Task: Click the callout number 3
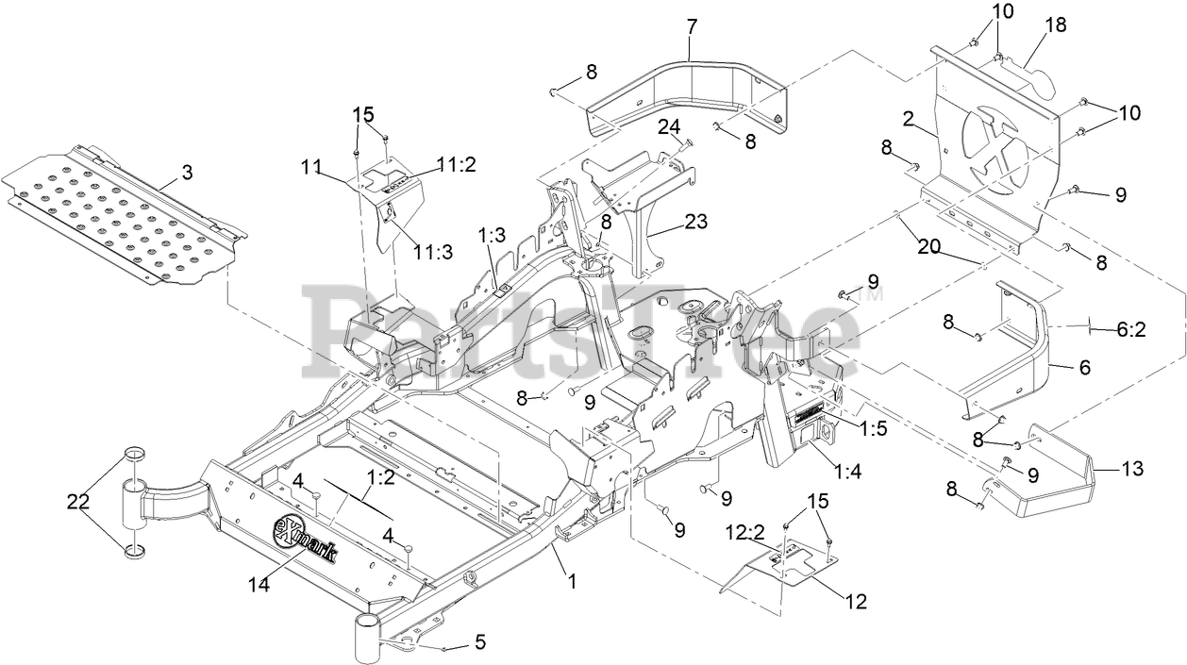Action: click(x=187, y=172)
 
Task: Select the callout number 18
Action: click(x=1056, y=25)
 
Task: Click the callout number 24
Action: click(x=669, y=127)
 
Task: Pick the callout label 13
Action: click(x=1131, y=467)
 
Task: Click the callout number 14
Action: click(x=259, y=585)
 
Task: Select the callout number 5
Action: click(x=480, y=643)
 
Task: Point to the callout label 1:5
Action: click(x=874, y=426)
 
